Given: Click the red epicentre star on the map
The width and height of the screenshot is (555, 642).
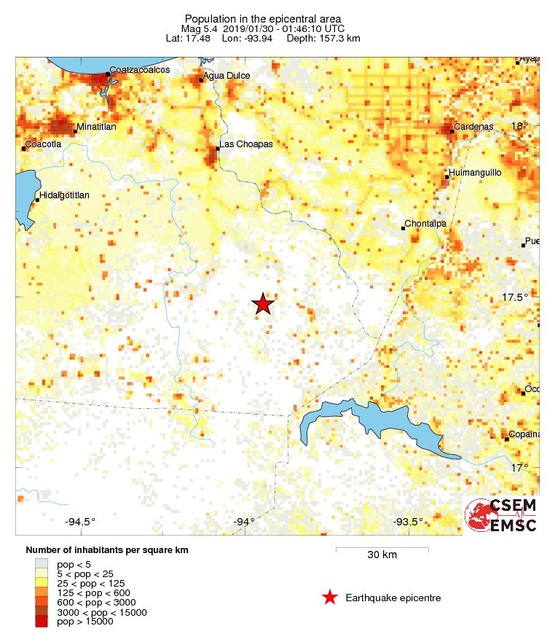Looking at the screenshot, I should tap(263, 304).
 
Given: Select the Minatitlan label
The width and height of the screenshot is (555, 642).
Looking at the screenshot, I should tap(96, 128).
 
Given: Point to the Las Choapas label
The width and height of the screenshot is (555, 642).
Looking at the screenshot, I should tap(246, 144).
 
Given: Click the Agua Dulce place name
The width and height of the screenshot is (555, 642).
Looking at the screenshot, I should tap(227, 76).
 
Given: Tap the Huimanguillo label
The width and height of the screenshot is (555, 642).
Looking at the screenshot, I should tap(474, 173).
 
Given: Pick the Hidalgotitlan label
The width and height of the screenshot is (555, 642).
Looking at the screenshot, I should tap(64, 195).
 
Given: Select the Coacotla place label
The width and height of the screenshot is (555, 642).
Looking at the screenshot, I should tap(43, 144).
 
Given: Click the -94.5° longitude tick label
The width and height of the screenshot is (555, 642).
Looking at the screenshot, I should tap(80, 521).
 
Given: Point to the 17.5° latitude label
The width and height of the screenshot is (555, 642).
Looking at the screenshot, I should tap(514, 297).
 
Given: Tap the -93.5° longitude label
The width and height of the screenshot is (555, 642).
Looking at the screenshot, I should tap(408, 521).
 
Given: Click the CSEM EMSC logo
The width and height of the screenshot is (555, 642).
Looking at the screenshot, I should tap(501, 516).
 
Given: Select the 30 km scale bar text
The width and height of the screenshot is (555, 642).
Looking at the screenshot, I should tap(382, 555).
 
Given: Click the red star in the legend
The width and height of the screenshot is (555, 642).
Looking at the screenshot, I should tap(330, 598).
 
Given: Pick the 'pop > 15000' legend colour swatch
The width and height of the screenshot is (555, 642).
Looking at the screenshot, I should tap(42, 621).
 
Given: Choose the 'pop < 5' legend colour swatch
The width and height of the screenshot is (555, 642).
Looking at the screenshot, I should tap(42, 563).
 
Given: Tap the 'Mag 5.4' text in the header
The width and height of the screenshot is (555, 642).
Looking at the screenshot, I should tap(206, 28).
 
